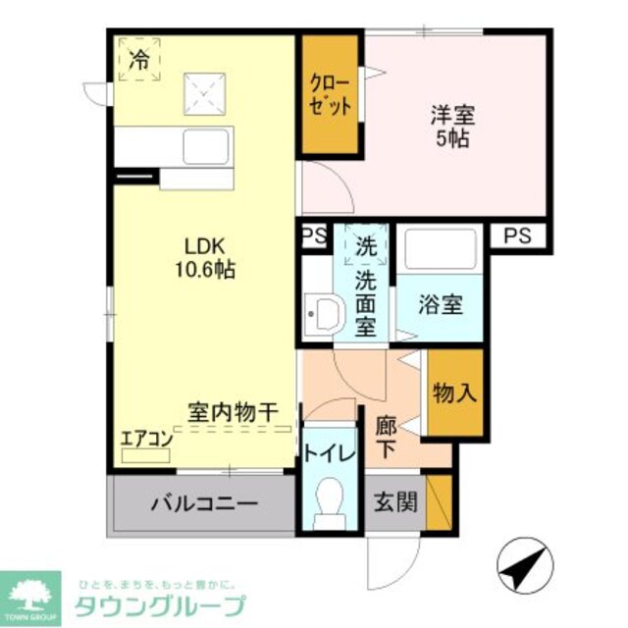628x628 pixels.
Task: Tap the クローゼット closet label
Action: [329, 94]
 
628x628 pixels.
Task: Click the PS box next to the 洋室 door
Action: [314, 235]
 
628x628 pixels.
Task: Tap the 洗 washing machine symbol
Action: [365, 245]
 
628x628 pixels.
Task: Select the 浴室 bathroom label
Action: [441, 304]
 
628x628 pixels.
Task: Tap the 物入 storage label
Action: [455, 393]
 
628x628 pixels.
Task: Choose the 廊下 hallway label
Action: [387, 439]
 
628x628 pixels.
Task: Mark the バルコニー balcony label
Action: [203, 504]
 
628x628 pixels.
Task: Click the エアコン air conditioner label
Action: [145, 439]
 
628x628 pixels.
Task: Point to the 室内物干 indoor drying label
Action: [234, 413]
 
